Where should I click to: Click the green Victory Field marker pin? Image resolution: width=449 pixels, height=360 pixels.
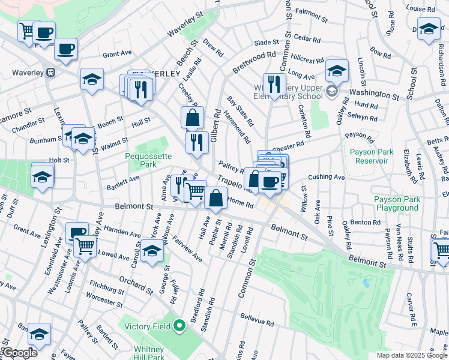pyautogui.click(x=179, y=327)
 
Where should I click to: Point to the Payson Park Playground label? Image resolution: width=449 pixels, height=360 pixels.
pyautogui.click(x=396, y=203)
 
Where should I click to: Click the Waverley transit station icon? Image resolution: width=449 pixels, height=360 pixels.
pyautogui.click(x=51, y=73)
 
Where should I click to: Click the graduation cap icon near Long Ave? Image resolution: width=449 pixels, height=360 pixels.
pyautogui.click(x=337, y=71)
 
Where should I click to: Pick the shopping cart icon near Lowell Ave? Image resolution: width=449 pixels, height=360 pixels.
pyautogui.click(x=85, y=245)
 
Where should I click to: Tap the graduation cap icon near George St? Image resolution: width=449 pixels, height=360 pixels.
pyautogui.click(x=152, y=251)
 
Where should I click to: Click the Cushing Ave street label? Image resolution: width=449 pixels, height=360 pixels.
pyautogui.click(x=327, y=178)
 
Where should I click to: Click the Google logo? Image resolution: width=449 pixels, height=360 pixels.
pyautogui.click(x=19, y=353)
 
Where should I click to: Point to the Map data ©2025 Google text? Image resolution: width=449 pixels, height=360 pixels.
pyautogui.click(x=411, y=355)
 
